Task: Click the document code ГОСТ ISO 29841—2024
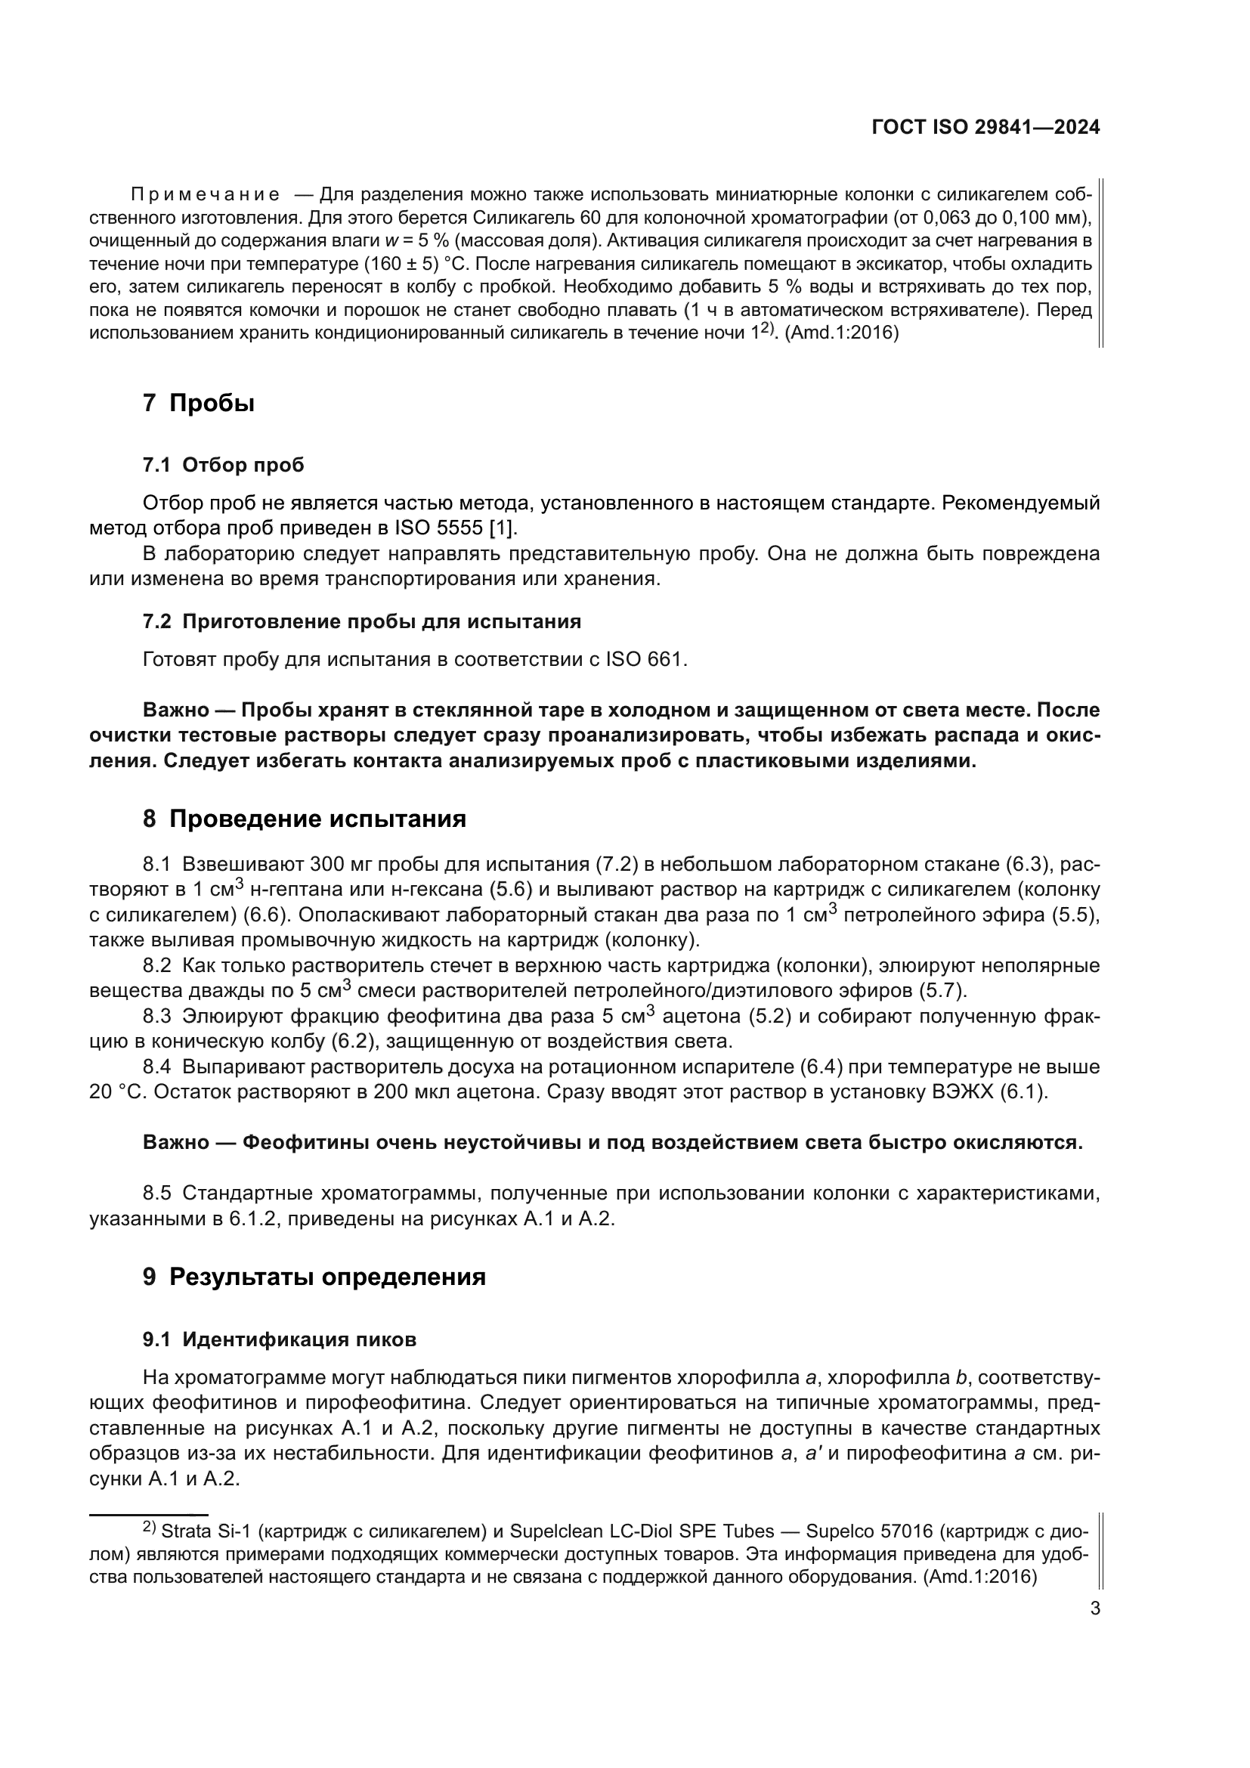[x=985, y=127]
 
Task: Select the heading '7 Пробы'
[x=199, y=403]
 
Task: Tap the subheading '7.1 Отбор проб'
[x=223, y=465]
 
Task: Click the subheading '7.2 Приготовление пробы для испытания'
[x=362, y=621]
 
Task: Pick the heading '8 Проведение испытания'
[x=304, y=819]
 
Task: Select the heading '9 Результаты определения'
[x=314, y=1277]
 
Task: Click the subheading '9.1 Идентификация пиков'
[x=280, y=1339]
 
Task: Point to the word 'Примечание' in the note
[x=205, y=194]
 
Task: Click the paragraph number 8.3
[x=157, y=1017]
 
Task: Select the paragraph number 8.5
[x=157, y=1194]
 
